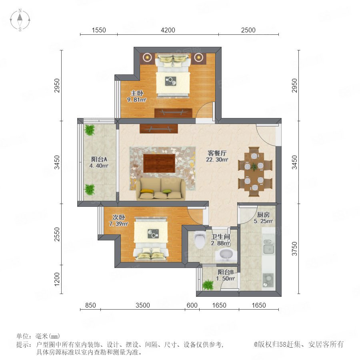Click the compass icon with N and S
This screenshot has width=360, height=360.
pyautogui.click(x=20, y=20)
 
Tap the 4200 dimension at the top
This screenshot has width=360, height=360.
pyautogui.click(x=168, y=30)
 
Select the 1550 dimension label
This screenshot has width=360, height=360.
pyautogui.click(x=99, y=30)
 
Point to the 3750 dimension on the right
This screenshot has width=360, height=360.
pyautogui.click(x=294, y=249)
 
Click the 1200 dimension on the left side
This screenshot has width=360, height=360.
pyautogui.click(x=57, y=279)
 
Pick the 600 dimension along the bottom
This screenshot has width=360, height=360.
pyautogui.click(x=192, y=305)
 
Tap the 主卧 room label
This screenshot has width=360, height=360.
pyautogui.click(x=137, y=93)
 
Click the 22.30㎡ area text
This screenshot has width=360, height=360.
pyautogui.click(x=217, y=160)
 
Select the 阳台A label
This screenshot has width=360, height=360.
pyautogui.click(x=99, y=159)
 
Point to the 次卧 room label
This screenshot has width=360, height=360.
pyautogui.click(x=119, y=217)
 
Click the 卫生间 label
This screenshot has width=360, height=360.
pyautogui.click(x=220, y=237)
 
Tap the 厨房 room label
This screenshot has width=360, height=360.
pyautogui.click(x=263, y=215)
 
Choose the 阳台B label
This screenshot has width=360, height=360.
pyautogui.click(x=226, y=272)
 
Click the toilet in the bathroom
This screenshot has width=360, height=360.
pyautogui.click(x=200, y=240)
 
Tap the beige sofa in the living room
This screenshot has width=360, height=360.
pyautogui.click(x=161, y=189)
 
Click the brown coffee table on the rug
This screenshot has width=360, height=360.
pyautogui.click(x=159, y=163)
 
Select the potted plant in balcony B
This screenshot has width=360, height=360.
pyautogui.click(x=208, y=285)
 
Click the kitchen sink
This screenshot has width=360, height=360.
pyautogui.click(x=269, y=246)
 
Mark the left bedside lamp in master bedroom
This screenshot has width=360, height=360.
pyautogui.click(x=146, y=57)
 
